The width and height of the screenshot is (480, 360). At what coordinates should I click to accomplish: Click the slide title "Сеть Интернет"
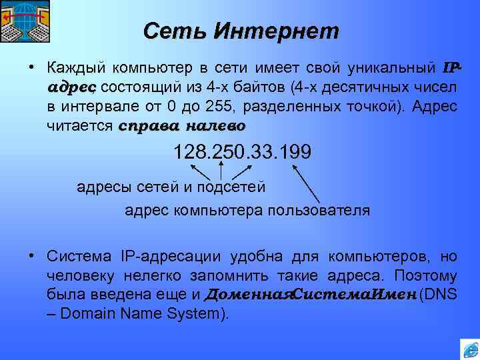[x=241, y=30]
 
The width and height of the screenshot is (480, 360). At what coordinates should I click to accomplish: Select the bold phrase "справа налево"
[x=182, y=125]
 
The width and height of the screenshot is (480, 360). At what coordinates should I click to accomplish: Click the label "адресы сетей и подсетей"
[x=171, y=187]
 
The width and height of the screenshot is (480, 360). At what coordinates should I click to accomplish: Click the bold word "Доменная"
[x=249, y=295]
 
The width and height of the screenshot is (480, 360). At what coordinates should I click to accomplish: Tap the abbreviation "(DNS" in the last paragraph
[x=439, y=295]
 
